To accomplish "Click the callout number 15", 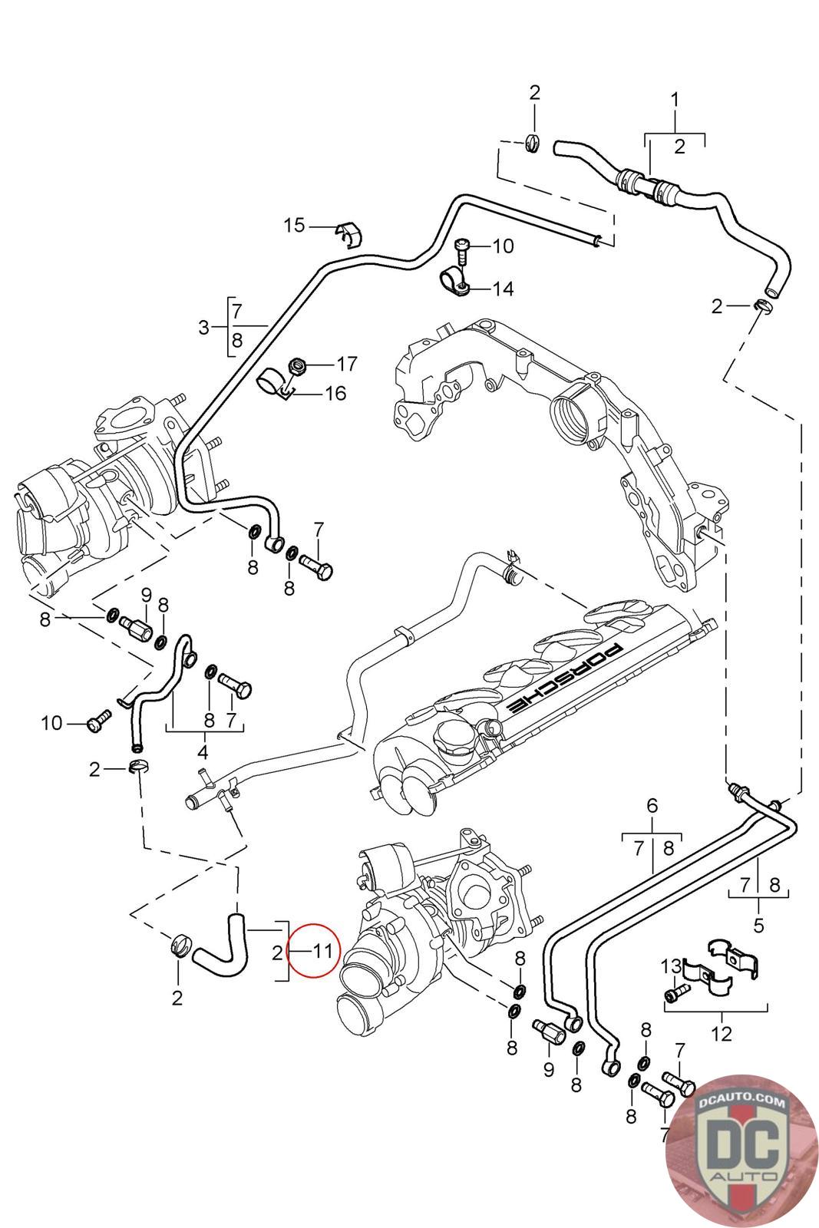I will pos(294,225).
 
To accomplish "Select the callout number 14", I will pos(504,289).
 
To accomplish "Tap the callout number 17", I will pos(347,362).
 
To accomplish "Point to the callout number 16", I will pos(335,394).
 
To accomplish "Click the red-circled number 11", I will pos(322,952).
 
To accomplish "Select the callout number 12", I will pos(722,1035).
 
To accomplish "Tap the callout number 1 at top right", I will pos(675,99).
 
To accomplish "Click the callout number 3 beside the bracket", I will pos(203,328).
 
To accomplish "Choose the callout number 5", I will pos(758,925).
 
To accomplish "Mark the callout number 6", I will pos(652,806).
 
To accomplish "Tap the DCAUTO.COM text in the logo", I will pos(742,1103).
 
